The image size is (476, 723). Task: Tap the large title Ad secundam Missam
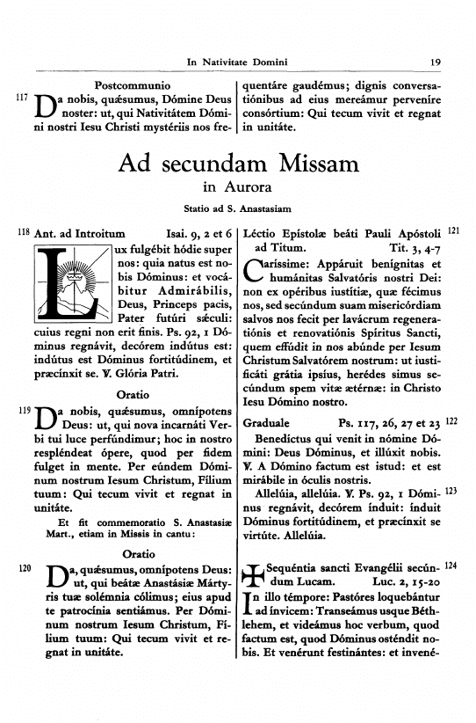point(238,163)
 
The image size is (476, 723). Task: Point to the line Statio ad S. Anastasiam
point(238,208)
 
